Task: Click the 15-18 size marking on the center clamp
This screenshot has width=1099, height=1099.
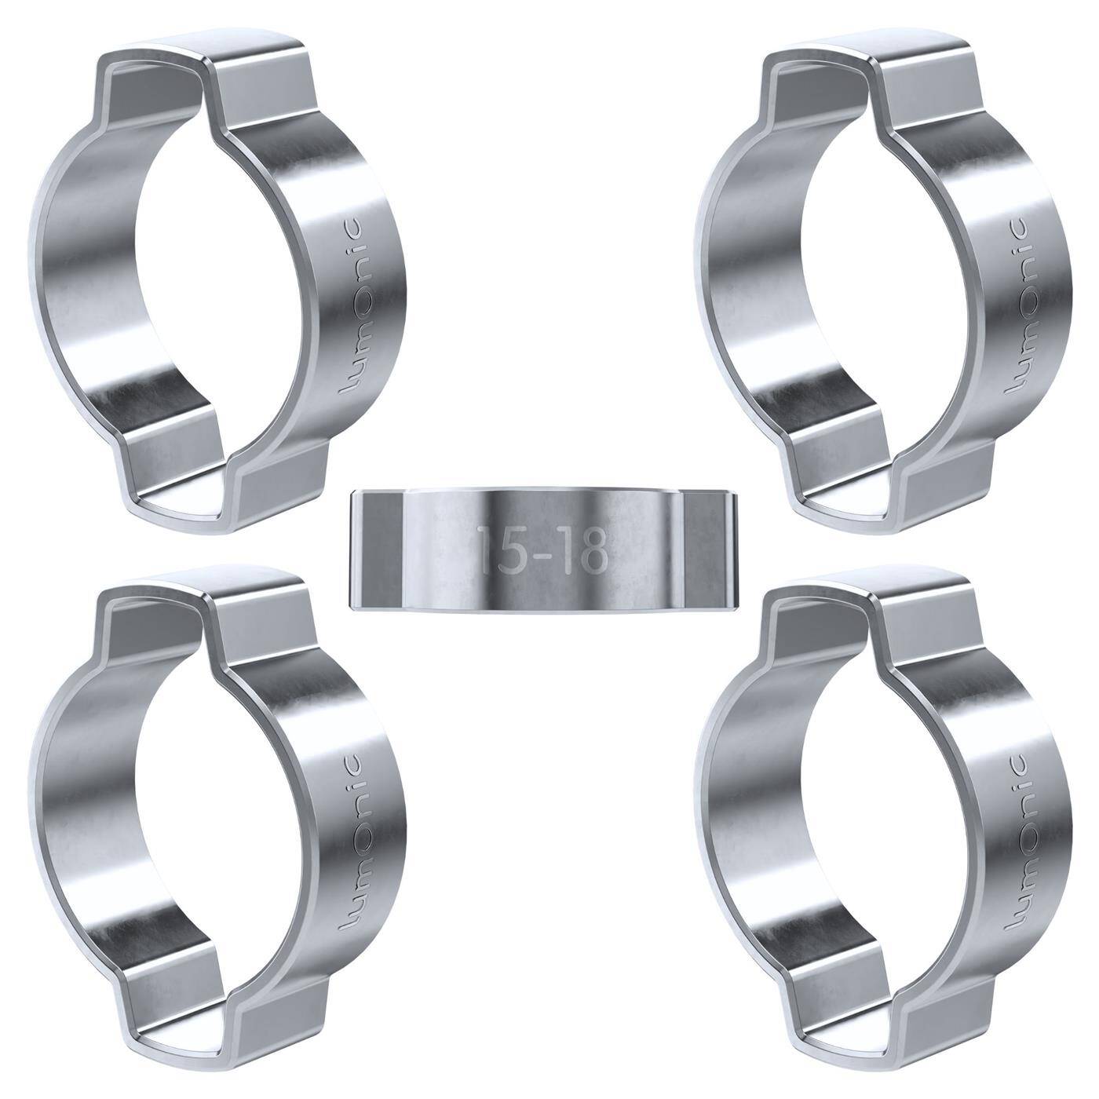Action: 542,549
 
